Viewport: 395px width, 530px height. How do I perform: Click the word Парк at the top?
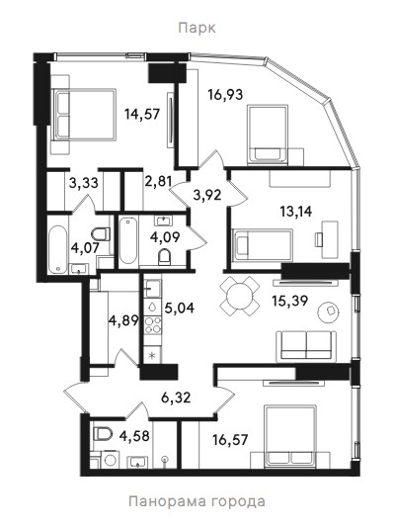coord(197,28)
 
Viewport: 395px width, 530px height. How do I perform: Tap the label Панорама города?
coord(197,501)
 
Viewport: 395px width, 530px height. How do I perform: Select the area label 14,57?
coord(142,114)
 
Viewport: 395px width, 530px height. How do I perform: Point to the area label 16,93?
coord(225,95)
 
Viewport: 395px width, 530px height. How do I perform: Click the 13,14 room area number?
coord(296,212)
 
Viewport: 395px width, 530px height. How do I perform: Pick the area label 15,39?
coord(290,301)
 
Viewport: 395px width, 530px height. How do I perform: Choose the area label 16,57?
coord(230,440)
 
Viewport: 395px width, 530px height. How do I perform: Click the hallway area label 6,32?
coord(176,397)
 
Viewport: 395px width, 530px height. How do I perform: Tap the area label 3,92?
coord(207,195)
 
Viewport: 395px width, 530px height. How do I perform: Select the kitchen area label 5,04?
coord(180,308)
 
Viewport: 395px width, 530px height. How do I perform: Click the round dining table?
coord(240,297)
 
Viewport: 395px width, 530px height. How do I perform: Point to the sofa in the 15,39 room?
coord(306,346)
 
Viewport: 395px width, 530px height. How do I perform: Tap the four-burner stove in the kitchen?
coord(153,324)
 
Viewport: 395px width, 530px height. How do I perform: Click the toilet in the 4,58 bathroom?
coord(102,434)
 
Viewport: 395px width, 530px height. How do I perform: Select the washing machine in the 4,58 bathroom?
coord(109,460)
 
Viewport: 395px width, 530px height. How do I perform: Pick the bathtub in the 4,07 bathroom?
coord(57,249)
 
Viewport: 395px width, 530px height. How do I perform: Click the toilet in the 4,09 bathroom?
coord(165,257)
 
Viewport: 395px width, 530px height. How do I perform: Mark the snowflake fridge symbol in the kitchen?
coord(152,356)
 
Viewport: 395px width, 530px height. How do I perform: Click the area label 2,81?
coord(158,182)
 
